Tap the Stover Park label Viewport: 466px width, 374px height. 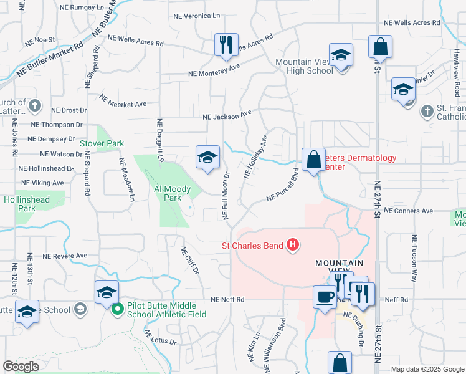point(102,143)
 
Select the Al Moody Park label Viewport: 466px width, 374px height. point(171,193)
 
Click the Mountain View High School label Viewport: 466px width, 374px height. point(304,66)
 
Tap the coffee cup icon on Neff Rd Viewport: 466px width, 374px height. point(324,296)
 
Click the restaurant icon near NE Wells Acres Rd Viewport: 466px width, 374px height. point(226,44)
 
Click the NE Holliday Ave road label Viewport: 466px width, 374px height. point(255,156)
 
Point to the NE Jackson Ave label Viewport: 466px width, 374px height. point(227,115)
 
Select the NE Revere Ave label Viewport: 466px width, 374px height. point(65,256)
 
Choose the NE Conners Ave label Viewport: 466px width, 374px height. point(409,211)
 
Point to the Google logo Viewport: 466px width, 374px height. point(21,367)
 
